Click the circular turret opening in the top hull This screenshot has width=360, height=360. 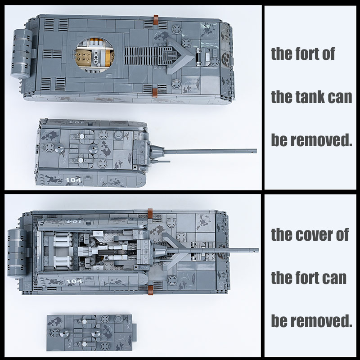point(94,54)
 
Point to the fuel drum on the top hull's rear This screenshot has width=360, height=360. point(21,54)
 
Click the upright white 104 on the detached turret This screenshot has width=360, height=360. point(73,180)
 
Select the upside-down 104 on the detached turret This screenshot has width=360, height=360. point(75,122)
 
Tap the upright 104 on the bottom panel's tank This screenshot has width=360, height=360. point(73,282)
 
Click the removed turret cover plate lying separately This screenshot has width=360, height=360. point(90,333)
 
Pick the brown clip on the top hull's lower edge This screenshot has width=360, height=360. point(155,93)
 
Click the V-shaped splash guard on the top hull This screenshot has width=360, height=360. point(180,56)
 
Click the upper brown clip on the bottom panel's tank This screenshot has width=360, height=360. point(150,213)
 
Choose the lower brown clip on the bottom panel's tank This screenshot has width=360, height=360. point(151,290)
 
